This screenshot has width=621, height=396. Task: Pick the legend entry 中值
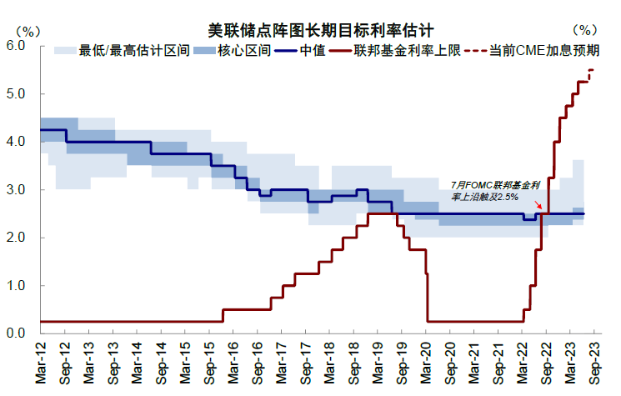[303, 51]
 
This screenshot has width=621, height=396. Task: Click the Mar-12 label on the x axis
[40, 363]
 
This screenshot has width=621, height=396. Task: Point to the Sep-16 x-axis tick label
[257, 363]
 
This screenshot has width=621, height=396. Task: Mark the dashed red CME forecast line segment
[591, 74]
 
